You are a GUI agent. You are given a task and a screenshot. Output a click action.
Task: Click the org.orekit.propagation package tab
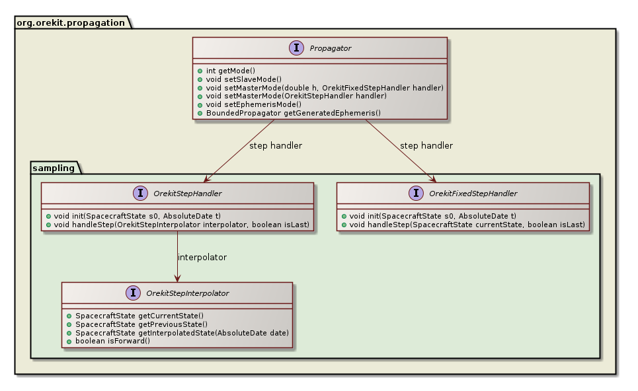(70, 22)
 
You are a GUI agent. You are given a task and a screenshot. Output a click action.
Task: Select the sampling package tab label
(54, 168)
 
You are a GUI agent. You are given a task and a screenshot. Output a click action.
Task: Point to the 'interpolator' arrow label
(203, 257)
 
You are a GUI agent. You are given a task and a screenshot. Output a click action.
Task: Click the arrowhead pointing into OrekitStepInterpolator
(177, 277)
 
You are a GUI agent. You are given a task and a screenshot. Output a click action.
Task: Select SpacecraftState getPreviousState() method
(141, 324)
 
